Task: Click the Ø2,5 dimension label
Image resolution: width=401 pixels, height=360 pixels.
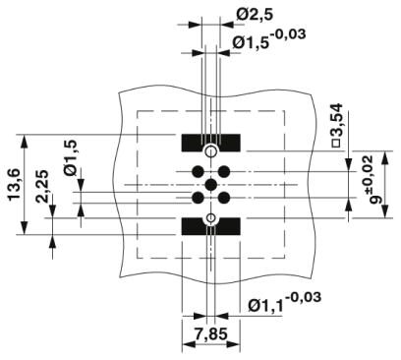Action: coord(254,15)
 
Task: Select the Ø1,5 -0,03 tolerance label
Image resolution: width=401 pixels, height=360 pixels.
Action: coord(269,38)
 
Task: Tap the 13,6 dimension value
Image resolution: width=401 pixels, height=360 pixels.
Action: coord(15,185)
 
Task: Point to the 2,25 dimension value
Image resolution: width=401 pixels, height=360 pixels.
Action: coord(43,186)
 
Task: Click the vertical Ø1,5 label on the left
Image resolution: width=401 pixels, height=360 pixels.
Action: coord(71,157)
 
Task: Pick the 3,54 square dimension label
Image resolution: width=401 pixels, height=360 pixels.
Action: coord(336,125)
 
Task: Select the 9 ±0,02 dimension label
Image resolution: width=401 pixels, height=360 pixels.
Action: coord(372,179)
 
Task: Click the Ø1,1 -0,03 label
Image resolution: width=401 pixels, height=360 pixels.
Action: coord(284,302)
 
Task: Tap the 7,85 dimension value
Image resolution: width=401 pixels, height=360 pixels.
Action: coord(210,334)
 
